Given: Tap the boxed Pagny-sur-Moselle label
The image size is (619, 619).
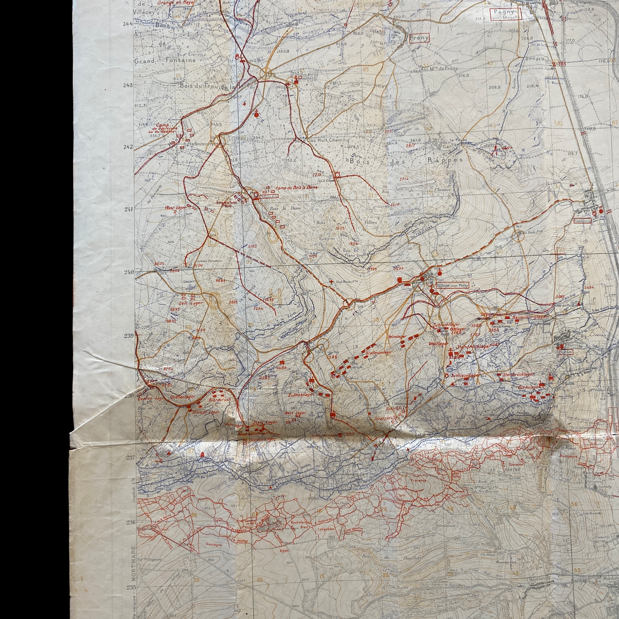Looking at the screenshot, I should (x=505, y=14).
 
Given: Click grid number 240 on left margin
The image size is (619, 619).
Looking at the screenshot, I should (x=130, y=272).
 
